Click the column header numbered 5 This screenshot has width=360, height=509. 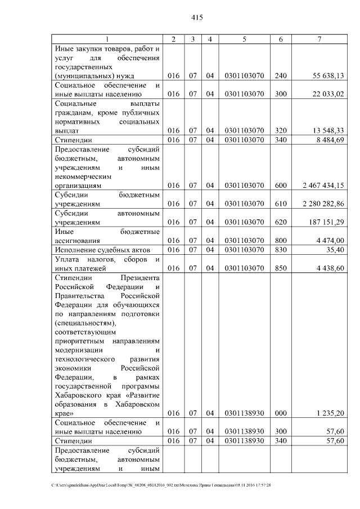coord(244,39)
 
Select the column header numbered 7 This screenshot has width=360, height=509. coord(319,39)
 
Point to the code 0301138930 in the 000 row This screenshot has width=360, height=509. coord(244,413)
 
